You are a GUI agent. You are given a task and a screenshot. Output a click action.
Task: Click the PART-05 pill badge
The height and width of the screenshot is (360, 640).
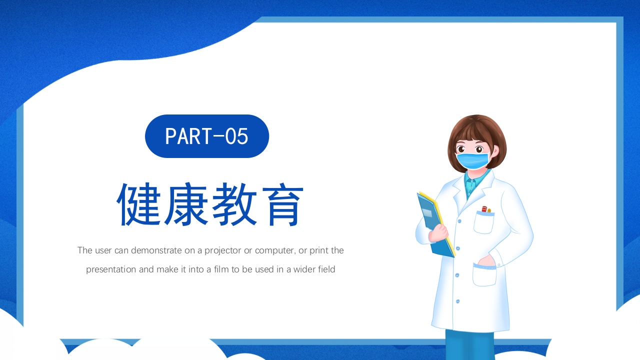207,136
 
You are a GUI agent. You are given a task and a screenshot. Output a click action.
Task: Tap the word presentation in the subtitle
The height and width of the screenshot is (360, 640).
111,269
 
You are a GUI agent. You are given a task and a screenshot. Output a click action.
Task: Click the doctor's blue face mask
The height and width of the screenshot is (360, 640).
472,160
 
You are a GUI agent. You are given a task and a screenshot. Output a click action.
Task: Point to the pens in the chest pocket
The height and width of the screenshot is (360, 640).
485,209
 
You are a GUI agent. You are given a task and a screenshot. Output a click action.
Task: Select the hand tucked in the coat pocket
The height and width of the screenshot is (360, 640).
484,261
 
